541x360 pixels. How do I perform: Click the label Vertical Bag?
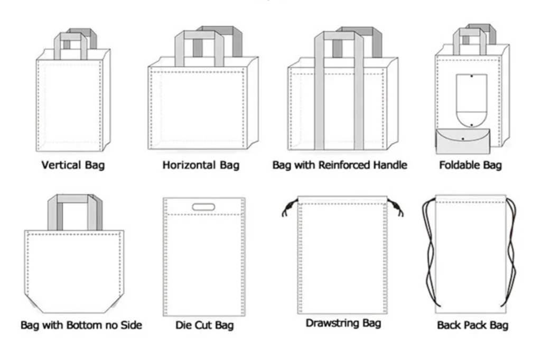(73, 165)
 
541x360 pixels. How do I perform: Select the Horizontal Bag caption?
(201, 165)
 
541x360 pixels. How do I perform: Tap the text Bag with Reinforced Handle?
(340, 165)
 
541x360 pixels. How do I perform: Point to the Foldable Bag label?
(470, 165)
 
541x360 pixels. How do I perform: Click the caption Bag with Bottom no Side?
(81, 325)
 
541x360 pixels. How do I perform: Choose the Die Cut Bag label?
(204, 325)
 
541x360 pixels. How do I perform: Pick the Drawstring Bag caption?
(343, 323)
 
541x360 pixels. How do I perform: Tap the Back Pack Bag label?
(473, 325)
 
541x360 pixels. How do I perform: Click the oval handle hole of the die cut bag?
(203, 207)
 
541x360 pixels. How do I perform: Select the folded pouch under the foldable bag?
(463, 141)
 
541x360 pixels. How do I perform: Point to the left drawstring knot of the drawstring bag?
(289, 208)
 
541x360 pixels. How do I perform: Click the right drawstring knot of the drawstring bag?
(396, 208)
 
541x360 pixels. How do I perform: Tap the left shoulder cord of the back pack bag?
(430, 252)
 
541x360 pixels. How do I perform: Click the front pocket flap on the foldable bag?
(471, 100)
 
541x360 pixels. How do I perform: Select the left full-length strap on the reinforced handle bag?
(319, 91)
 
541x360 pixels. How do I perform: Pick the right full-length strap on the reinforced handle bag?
(359, 91)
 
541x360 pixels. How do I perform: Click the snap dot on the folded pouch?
(463, 139)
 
